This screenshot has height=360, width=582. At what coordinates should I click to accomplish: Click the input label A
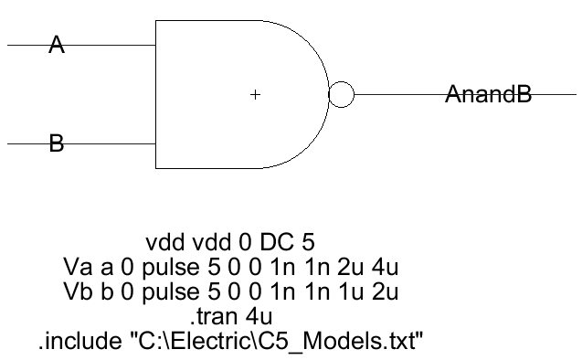point(57,45)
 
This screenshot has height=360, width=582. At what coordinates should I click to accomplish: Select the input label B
point(57,143)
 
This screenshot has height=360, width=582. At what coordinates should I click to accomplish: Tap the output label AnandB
point(488,94)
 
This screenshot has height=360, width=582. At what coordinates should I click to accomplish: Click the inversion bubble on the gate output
point(341,94)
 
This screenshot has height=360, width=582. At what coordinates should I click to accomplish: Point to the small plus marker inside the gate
point(255,94)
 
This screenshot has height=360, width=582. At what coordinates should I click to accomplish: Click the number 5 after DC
point(308,243)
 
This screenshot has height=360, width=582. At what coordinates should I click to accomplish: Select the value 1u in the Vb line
point(352,292)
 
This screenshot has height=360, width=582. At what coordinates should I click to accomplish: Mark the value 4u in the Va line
point(388,268)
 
